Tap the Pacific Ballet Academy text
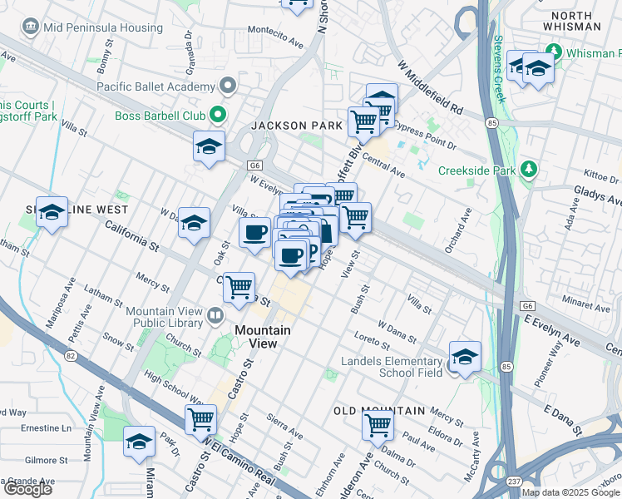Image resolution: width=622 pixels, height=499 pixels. pyautogui.click(x=155, y=86)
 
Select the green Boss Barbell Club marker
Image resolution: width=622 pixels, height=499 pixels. pyautogui.click(x=218, y=114)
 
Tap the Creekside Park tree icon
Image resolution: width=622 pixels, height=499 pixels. pyautogui.click(x=529, y=170)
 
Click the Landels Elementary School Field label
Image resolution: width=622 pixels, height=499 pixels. pyautogui.click(x=392, y=367)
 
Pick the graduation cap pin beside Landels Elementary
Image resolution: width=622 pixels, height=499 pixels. pyautogui.click(x=465, y=358)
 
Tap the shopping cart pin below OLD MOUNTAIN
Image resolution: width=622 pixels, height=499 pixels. pyautogui.click(x=378, y=427)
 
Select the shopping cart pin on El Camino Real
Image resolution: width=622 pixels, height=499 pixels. pyautogui.click(x=200, y=419)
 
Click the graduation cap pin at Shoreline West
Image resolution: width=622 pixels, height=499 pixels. pyautogui.click(x=52, y=215)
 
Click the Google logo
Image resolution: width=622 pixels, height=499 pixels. pyautogui.click(x=27, y=489)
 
